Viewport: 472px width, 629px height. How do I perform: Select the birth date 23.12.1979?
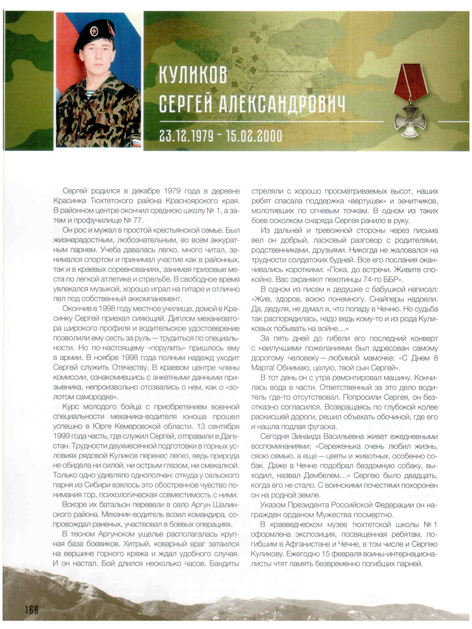186,136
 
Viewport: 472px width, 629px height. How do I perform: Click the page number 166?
31,610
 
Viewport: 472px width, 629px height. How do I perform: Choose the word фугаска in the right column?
323,427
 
